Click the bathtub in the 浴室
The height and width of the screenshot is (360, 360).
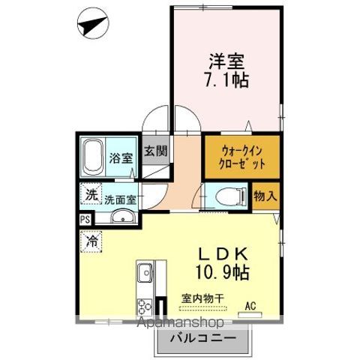(x=93, y=156)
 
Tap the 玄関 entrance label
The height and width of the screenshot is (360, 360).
(x=156, y=149)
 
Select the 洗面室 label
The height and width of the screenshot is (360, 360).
(x=120, y=200)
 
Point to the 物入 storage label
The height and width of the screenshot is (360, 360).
(x=266, y=196)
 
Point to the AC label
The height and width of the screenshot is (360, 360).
(x=253, y=306)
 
